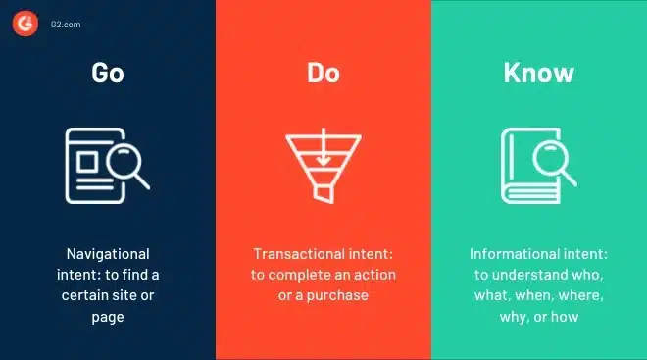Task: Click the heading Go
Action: click(x=108, y=73)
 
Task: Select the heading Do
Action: click(x=323, y=73)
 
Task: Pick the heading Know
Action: click(x=538, y=73)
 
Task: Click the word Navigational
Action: click(x=108, y=253)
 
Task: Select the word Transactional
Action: click(x=292, y=253)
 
